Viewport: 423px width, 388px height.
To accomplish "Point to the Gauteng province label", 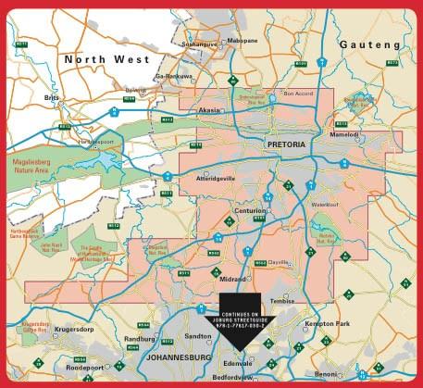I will point(369,44).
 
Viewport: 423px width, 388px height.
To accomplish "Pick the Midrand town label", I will point(232,278).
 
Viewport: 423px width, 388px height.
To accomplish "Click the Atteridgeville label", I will point(216,177).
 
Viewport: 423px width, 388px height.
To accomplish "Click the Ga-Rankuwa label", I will point(174,76).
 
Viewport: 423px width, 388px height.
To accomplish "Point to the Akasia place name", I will point(210,109).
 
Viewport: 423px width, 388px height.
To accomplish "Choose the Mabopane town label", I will point(243,41).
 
